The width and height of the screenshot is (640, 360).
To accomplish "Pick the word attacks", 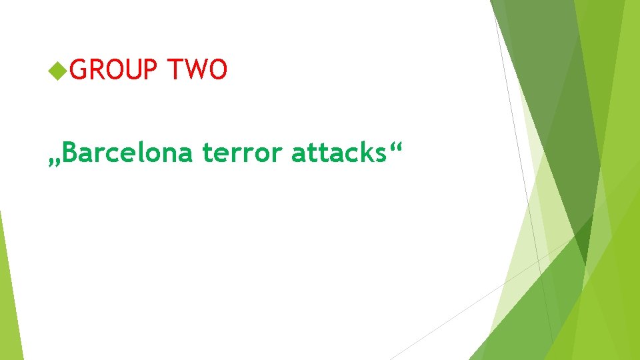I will click(x=338, y=153).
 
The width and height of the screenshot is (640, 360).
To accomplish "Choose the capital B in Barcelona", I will click(x=73, y=153).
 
